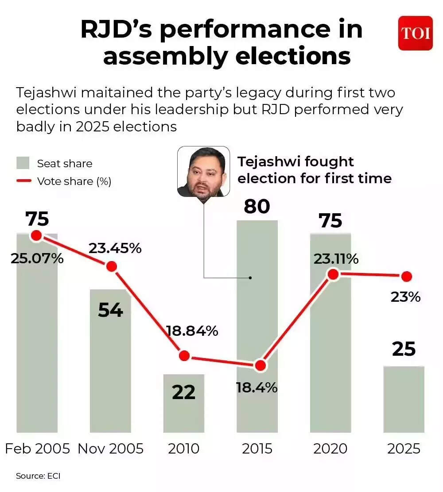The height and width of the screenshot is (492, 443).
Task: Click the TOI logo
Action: pyautogui.click(x=415, y=33)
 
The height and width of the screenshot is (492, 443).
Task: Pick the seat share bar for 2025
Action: pyautogui.click(x=404, y=399)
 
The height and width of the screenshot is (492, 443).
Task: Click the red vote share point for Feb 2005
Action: pyautogui.click(x=36, y=235)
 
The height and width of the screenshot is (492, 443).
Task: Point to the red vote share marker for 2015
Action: pyautogui.click(x=260, y=365)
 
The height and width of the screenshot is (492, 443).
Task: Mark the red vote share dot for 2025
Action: pyautogui.click(x=406, y=277)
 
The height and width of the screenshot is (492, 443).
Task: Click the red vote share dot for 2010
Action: pyautogui.click(x=184, y=356)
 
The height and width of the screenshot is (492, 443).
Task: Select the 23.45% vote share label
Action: pyautogui.click(x=115, y=248)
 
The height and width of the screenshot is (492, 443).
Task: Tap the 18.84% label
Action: pyautogui.click(x=192, y=331)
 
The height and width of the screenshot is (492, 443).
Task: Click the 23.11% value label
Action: pyautogui.click(x=336, y=259)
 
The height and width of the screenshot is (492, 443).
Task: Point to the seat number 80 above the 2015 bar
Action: pyautogui.click(x=257, y=206)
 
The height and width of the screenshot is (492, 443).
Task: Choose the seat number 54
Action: pyautogui.click(x=110, y=310)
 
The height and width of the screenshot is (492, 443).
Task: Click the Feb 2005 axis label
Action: pyautogui.click(x=37, y=449)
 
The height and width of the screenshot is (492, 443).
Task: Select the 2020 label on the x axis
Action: pyautogui.click(x=330, y=449)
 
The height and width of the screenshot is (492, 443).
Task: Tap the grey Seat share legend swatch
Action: pyautogui.click(x=23, y=163)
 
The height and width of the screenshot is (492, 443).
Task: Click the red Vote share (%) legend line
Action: pyautogui.click(x=23, y=181)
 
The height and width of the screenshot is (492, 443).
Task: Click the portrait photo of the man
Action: pyautogui.click(x=203, y=172)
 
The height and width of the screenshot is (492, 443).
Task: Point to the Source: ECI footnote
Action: pyautogui.click(x=38, y=476)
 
